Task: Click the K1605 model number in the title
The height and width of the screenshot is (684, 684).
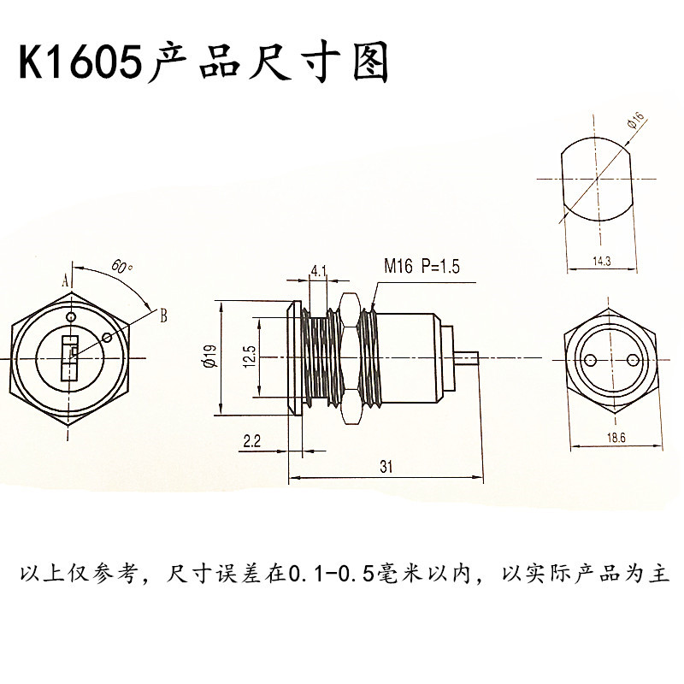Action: [x=81, y=62]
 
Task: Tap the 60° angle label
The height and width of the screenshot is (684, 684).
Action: [x=121, y=266]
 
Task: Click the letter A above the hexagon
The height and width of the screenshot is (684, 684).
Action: [x=66, y=281]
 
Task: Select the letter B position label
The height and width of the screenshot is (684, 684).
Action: [x=163, y=315]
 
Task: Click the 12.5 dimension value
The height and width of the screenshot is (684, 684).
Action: [x=250, y=357]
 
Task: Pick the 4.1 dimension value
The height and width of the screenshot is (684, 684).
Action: [x=318, y=271]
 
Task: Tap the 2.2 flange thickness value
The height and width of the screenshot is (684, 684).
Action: [x=252, y=441]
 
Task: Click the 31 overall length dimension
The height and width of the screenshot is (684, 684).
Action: [x=386, y=467]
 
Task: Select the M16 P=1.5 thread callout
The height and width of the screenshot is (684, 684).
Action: [x=422, y=266]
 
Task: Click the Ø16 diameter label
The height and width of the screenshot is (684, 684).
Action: [x=636, y=120]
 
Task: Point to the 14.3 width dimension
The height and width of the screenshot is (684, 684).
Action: [x=602, y=262]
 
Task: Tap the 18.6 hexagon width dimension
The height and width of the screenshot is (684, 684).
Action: [x=616, y=438]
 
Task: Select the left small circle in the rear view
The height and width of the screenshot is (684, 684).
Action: [x=591, y=359]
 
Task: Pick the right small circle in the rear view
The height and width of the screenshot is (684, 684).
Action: [x=633, y=359]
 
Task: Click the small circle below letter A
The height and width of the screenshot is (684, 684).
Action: [x=71, y=316]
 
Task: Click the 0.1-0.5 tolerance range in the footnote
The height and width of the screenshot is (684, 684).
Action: [x=333, y=575]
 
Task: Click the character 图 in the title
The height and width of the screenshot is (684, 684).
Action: [x=371, y=62]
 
